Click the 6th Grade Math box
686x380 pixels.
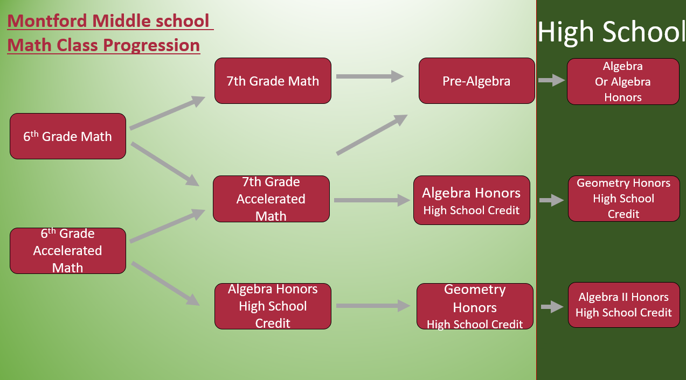pos(68,136)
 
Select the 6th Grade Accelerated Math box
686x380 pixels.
pos(68,251)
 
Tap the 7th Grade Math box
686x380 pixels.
pos(273,81)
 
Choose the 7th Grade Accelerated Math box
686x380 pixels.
pos(271,199)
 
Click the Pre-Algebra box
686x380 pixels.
pos(476,81)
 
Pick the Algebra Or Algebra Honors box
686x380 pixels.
pos(623,82)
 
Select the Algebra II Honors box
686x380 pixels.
pos(623,305)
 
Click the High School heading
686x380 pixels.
pos(611,32)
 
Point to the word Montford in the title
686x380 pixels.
pos(47,21)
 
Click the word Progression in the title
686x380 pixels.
pos(151,45)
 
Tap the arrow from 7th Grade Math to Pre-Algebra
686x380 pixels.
pos(370,76)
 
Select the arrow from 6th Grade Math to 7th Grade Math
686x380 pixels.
pos(167,112)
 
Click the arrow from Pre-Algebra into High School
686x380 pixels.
pos(552,80)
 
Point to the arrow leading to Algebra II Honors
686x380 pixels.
pos(552,307)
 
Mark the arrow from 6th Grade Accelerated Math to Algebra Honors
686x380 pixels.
pos(165,283)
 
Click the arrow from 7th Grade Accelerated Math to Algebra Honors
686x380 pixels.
pos(372,200)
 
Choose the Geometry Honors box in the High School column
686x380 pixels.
pos(623,199)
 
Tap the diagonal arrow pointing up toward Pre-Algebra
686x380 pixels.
pos(372,135)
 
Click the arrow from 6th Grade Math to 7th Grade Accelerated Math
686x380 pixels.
pos(165,164)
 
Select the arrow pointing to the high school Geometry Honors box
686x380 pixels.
pos(552,200)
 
